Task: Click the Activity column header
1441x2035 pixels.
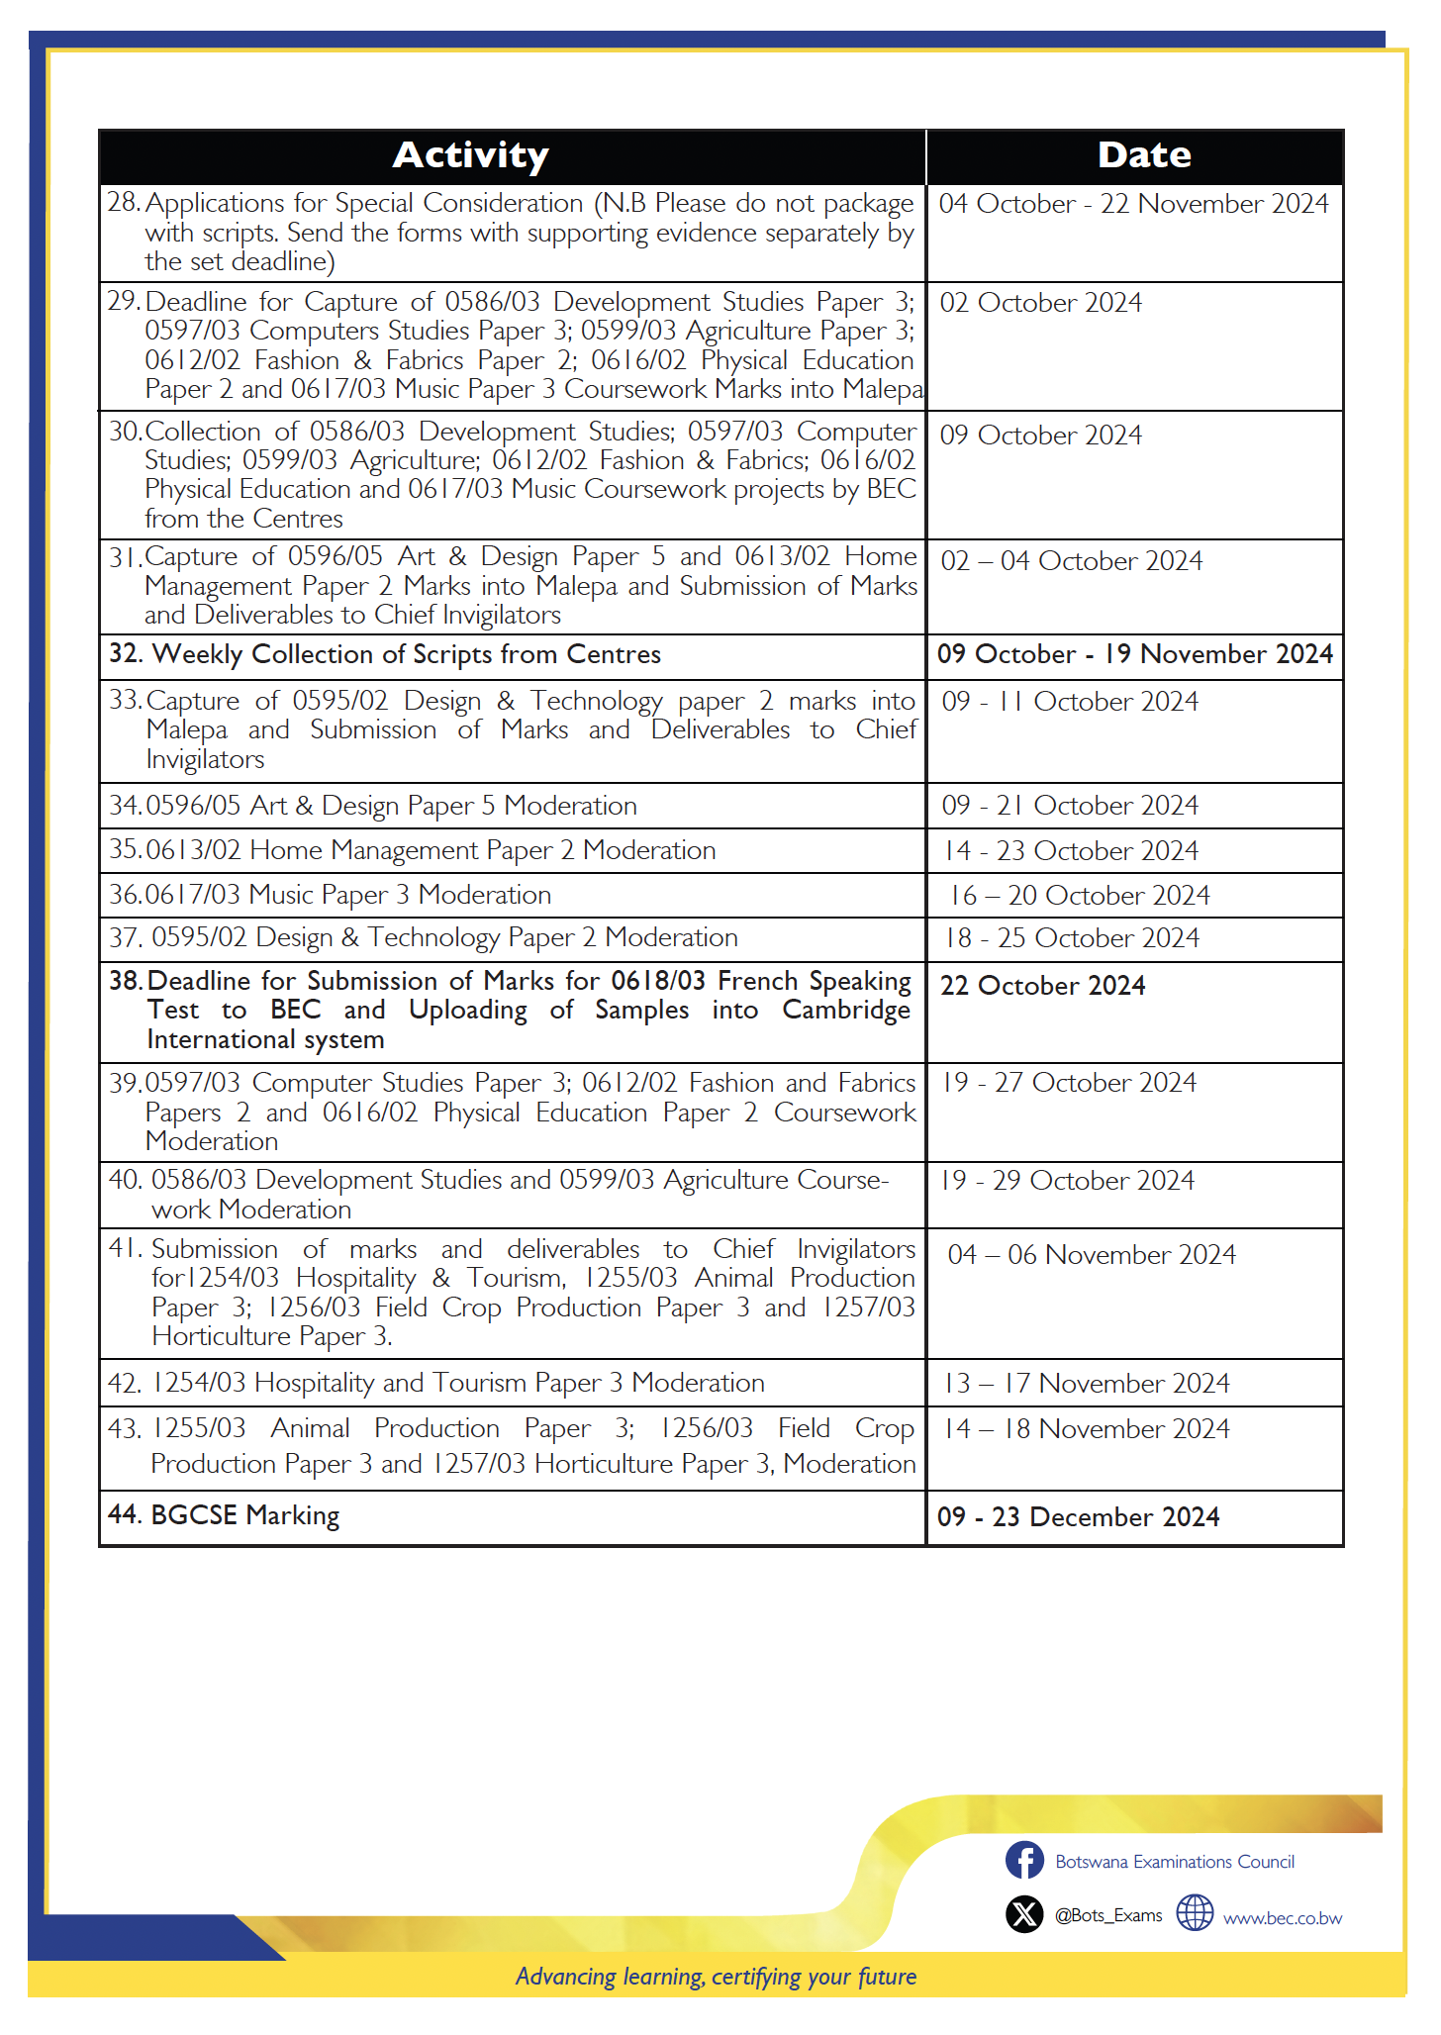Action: (x=470, y=155)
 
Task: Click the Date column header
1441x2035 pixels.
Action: (x=1143, y=155)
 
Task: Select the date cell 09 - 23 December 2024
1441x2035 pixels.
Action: (x=1078, y=1516)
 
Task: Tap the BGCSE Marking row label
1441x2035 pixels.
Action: (x=225, y=1515)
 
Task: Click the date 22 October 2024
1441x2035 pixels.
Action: (x=1042, y=986)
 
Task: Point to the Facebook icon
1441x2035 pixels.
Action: (x=1024, y=1860)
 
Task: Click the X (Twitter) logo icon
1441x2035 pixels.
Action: (x=1024, y=1914)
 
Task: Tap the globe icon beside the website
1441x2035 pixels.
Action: (x=1195, y=1913)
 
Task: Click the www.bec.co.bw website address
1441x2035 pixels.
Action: (x=1283, y=1918)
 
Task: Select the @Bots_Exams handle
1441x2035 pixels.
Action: (x=1108, y=1915)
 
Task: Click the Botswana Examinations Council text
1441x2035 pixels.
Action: (x=1175, y=1862)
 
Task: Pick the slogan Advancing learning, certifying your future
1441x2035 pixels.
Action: (x=716, y=1977)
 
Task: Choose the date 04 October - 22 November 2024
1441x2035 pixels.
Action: (x=1133, y=204)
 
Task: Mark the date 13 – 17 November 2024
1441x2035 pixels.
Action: (x=1087, y=1383)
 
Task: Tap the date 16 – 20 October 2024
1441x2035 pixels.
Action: (x=1080, y=896)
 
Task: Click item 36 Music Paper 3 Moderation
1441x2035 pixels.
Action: (x=331, y=895)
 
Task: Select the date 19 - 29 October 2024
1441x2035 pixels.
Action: (x=1068, y=1181)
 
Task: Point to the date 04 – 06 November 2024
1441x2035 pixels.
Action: (x=1092, y=1255)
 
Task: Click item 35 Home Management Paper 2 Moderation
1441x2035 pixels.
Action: (x=413, y=850)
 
